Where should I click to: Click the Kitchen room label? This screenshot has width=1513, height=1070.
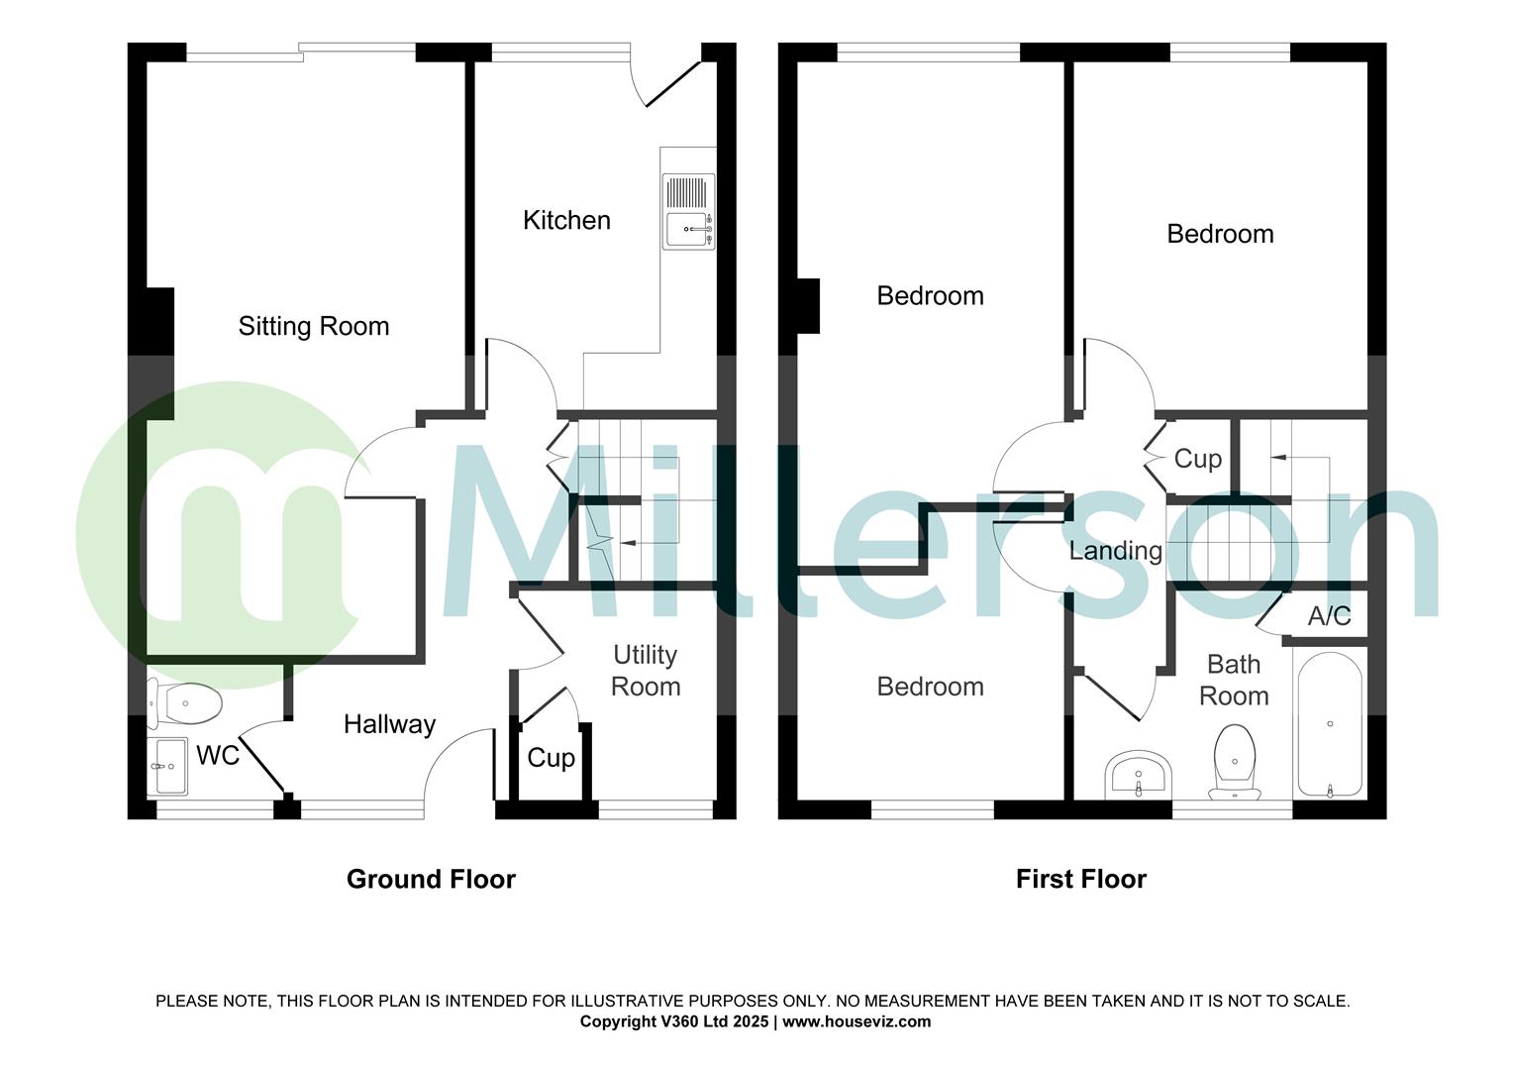tap(566, 220)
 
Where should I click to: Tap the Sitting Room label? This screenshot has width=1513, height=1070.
tap(313, 326)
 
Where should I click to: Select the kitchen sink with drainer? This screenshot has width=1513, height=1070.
tap(688, 212)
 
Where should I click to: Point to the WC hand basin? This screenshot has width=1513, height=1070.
tap(167, 766)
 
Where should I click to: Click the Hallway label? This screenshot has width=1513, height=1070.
tap(389, 724)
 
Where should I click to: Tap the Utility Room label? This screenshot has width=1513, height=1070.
tap(646, 671)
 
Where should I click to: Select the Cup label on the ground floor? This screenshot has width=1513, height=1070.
tap(551, 758)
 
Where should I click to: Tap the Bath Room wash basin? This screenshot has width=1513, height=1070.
tap(1139, 773)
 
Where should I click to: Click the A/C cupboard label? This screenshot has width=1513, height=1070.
tap(1329, 616)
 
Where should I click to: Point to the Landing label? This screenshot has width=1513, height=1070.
tap(1115, 551)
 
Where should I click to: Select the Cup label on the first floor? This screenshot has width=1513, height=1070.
tap(1197, 459)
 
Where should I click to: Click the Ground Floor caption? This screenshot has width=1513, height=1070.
tap(431, 879)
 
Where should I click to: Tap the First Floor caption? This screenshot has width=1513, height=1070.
tap(1080, 879)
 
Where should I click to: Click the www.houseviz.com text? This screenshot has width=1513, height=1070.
tap(857, 1021)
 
